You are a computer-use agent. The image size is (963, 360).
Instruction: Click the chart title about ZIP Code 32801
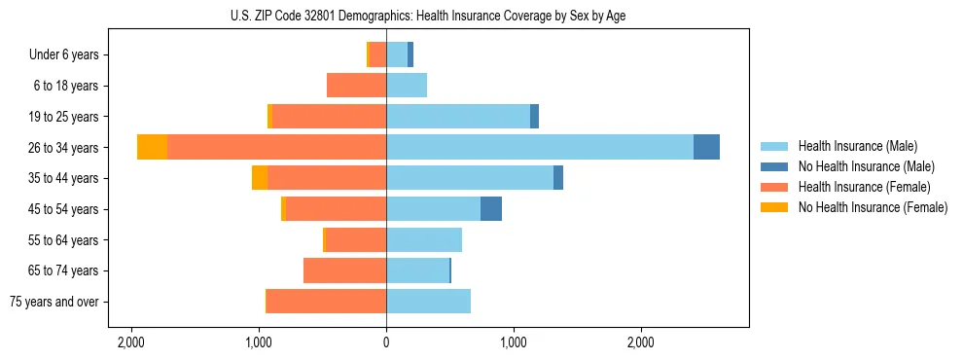coord(428,15)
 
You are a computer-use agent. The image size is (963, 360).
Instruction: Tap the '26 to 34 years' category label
coord(64,148)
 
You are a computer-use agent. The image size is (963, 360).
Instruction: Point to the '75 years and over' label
coord(54,302)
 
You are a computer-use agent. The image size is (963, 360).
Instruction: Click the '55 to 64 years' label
coord(64,240)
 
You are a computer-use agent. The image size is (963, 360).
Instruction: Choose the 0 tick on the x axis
coord(386,342)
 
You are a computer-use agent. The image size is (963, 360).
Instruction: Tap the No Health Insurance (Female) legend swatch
coord(774,207)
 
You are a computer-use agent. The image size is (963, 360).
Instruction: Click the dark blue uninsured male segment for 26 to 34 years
coord(706,147)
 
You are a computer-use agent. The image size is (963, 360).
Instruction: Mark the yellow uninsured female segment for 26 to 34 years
coord(152,147)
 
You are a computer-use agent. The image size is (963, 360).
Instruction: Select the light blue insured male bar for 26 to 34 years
coord(540,147)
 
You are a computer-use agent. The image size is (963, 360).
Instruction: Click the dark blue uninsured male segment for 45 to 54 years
coord(491,208)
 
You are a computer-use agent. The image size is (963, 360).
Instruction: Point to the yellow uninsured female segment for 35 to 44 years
coord(260,178)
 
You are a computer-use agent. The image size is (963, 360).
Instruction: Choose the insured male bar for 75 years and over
coord(428,302)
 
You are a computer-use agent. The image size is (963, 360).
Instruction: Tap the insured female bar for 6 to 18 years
coord(356,86)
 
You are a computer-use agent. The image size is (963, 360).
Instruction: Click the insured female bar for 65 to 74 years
coord(344,270)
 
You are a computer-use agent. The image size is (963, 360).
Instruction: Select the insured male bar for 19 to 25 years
coord(457,117)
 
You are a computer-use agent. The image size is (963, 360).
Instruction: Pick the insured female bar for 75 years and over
coord(326,302)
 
